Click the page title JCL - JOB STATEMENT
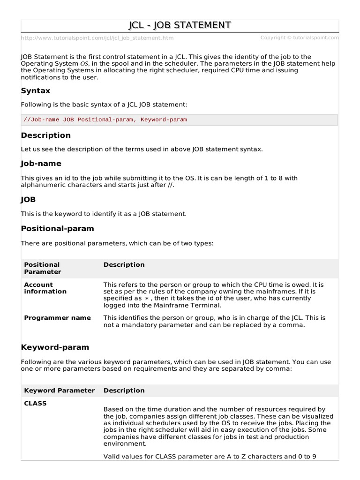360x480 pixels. click(x=180, y=25)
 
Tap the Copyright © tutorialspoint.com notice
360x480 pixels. click(x=299, y=38)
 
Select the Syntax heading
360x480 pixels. click(x=36, y=90)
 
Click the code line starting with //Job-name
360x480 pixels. click(x=105, y=120)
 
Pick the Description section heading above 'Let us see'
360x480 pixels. click(x=46, y=135)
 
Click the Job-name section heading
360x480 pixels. click(x=41, y=164)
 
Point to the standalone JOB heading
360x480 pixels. click(x=29, y=200)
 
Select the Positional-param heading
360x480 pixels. click(x=58, y=228)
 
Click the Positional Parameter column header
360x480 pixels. click(x=43, y=268)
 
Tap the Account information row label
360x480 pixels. click(x=45, y=288)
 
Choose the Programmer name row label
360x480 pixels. click(x=57, y=318)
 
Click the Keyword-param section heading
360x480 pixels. click(x=55, y=347)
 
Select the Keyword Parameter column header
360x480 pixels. click(x=59, y=390)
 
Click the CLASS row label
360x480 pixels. click(x=35, y=403)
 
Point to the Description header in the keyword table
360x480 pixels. click(x=124, y=390)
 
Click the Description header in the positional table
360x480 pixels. click(x=124, y=265)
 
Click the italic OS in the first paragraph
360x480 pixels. click(x=84, y=64)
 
